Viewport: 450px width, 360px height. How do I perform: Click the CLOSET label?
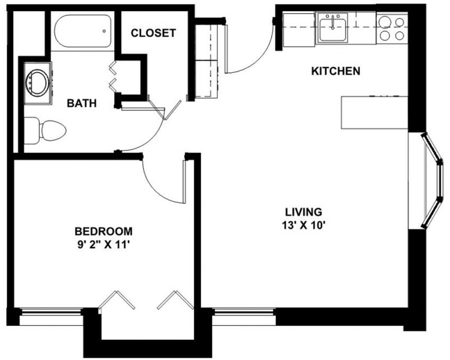click(x=153, y=33)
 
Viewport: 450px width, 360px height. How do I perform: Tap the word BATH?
click(x=82, y=103)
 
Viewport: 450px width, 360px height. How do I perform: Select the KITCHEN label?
click(x=335, y=71)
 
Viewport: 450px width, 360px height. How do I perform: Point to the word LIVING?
click(x=303, y=212)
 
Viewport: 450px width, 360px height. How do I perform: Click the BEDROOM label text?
click(x=104, y=231)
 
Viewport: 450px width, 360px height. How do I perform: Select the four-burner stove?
click(x=391, y=28)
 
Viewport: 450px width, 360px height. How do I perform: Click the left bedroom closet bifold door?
click(x=117, y=301)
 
